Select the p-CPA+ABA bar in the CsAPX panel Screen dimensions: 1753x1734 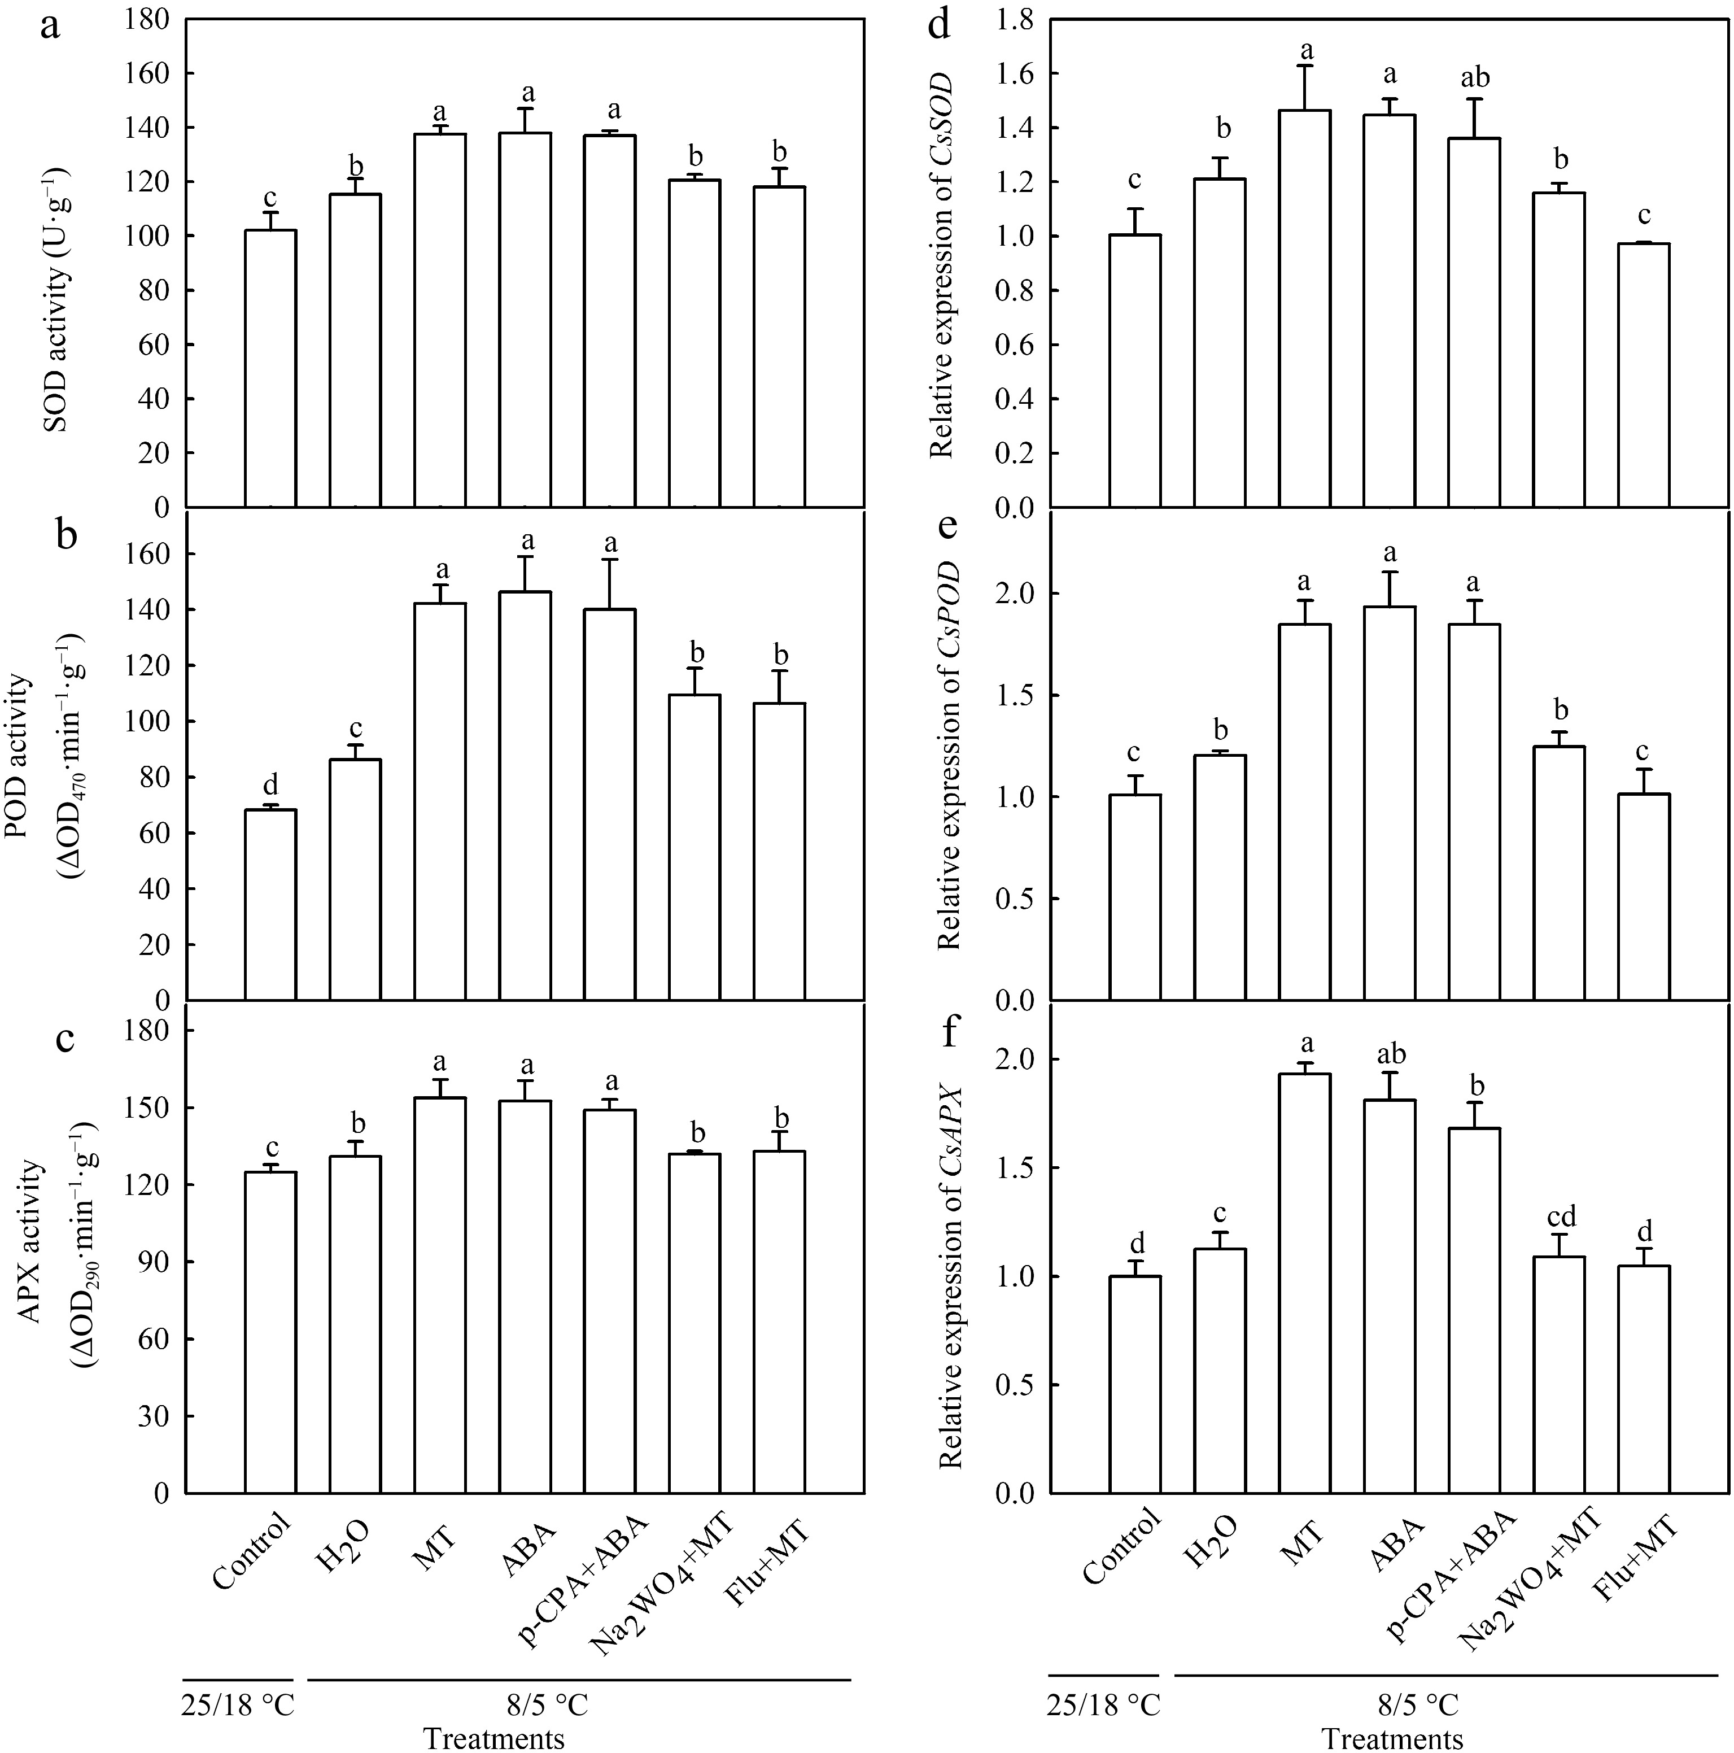point(1474,1311)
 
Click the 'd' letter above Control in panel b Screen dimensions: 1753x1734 point(270,783)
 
